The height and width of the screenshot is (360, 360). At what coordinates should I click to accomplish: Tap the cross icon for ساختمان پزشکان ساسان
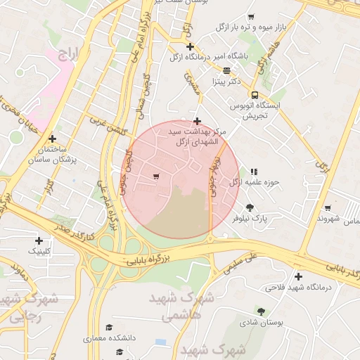(52, 139)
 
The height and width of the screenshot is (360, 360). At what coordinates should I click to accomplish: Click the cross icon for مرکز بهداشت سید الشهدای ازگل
(197, 121)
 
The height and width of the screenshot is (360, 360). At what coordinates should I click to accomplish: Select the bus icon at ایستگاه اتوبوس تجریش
(255, 95)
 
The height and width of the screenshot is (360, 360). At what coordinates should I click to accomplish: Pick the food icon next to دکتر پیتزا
(226, 70)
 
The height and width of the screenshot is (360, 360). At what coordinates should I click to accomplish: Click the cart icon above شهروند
(328, 207)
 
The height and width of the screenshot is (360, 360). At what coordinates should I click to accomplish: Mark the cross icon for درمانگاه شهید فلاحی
(299, 276)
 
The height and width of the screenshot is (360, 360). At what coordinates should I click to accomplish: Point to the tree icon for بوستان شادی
(262, 311)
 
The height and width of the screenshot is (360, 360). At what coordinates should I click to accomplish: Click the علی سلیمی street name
(242, 262)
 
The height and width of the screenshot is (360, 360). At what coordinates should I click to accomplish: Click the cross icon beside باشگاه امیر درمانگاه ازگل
(190, 46)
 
